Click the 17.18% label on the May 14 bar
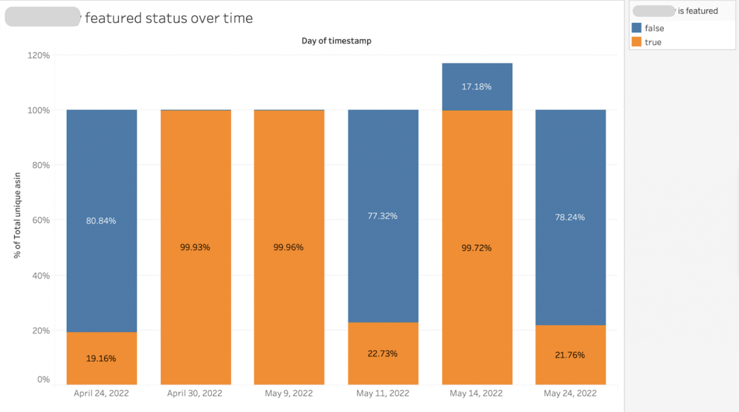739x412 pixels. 476,87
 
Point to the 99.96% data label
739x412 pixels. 288,247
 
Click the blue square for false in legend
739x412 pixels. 637,28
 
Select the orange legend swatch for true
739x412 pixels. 637,42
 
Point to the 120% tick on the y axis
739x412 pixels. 39,55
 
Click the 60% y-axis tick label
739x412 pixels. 41,220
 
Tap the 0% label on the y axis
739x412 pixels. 43,379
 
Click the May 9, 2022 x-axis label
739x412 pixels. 289,393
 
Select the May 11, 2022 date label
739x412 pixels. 383,393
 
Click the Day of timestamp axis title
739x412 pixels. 336,41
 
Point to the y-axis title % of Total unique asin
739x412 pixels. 17,215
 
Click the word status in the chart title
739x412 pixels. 166,18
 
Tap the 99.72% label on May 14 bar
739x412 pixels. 476,248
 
